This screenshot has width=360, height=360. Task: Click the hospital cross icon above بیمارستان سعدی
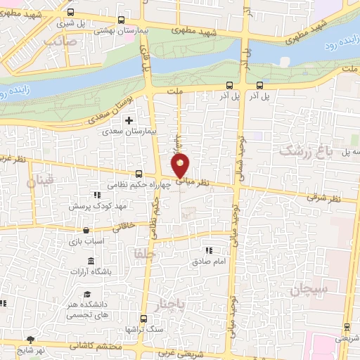point(128,120)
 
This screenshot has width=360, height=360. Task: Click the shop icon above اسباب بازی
point(86,230)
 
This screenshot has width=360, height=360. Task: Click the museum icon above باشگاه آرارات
point(92,261)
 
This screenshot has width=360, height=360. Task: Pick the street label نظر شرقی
point(323,198)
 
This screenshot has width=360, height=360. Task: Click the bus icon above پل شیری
point(70,12)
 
